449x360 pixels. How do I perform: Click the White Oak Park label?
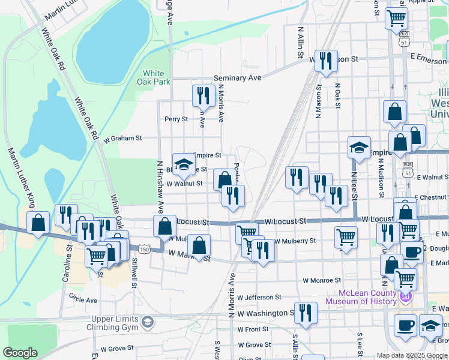coord(149,77)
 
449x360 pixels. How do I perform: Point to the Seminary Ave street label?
coord(238,78)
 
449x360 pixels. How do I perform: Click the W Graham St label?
coord(122,138)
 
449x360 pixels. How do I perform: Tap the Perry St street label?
coord(176,119)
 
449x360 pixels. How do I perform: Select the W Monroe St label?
coord(322,280)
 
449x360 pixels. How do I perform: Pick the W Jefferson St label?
coord(259,297)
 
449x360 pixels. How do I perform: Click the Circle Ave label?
coord(83,299)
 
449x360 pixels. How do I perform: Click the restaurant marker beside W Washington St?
coord(306,313)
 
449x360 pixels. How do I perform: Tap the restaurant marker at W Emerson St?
coord(326,60)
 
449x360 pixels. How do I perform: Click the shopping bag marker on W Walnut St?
coord(224,179)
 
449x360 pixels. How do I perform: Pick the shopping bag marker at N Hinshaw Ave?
coord(164,227)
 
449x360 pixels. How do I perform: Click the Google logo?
coord(20,353)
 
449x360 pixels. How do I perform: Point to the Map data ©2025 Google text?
coord(412,355)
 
